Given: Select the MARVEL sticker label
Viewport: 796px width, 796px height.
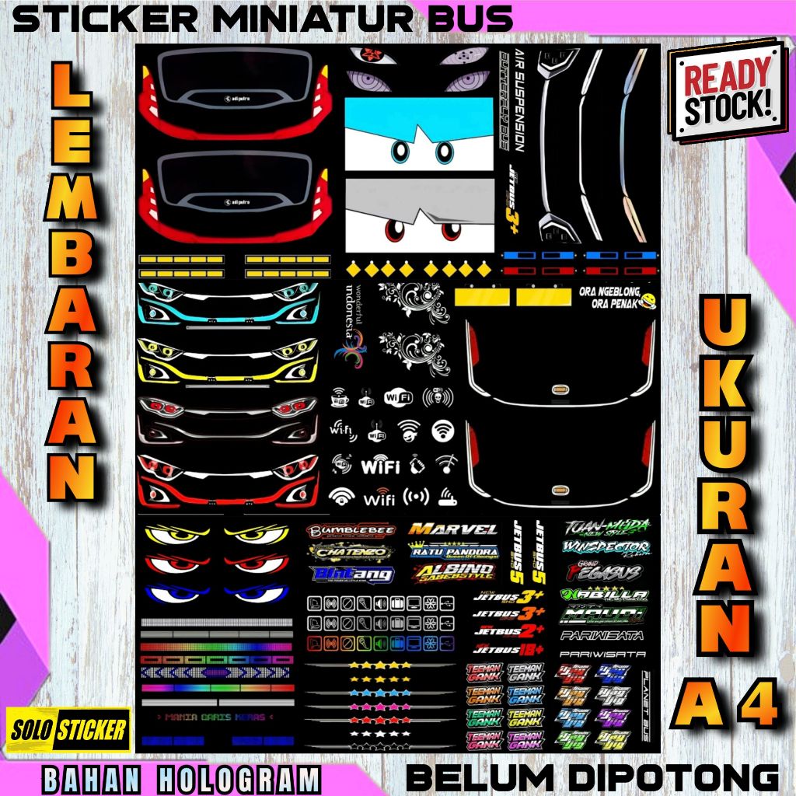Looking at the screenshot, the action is coord(454,530).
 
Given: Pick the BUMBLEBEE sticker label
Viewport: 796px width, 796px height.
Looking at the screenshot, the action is coord(351,531).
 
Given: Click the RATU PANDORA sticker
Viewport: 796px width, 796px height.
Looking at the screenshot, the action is coord(454,553).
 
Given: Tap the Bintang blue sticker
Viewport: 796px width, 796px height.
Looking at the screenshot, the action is coord(351,574).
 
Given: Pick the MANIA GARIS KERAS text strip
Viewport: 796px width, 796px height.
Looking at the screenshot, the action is coord(211,717).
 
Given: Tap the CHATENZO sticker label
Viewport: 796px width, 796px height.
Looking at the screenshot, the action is coord(351,553).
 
